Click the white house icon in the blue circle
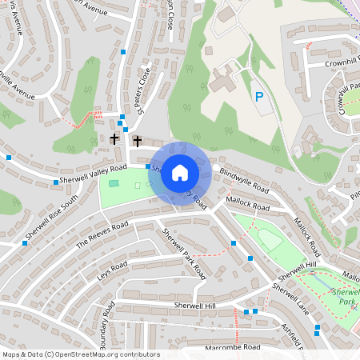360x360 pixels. [180, 173]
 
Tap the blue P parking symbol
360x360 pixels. [258, 97]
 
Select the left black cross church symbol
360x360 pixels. [114, 139]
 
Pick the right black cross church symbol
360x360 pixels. [137, 142]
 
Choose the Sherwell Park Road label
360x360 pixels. [184, 254]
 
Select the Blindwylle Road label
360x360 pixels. [244, 183]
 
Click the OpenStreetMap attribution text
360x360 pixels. [80, 354]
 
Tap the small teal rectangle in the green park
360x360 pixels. [114, 183]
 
